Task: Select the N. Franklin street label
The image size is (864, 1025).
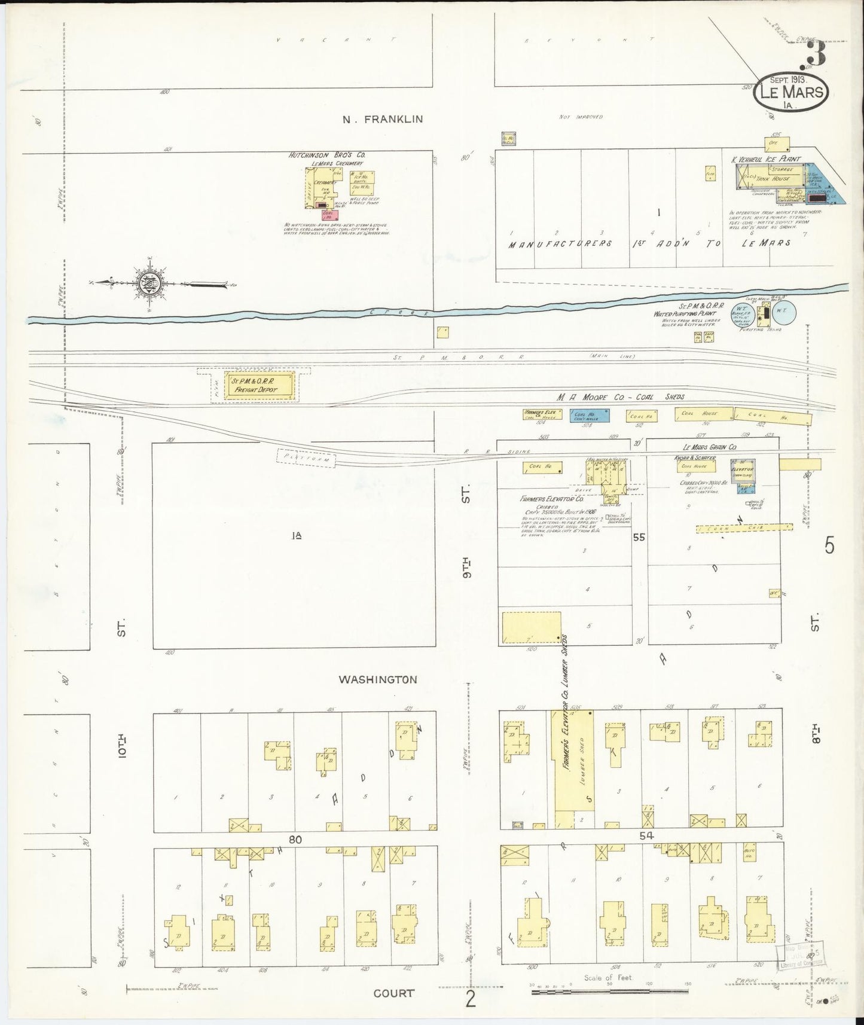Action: (383, 119)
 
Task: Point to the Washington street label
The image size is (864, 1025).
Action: (377, 679)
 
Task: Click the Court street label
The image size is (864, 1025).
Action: (393, 993)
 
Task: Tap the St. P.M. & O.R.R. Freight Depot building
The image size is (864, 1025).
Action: (259, 385)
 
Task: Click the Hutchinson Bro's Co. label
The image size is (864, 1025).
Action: (327, 154)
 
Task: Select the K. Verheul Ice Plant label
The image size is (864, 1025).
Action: (765, 160)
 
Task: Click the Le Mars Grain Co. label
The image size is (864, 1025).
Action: (710, 447)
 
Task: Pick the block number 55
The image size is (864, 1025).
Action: (639, 538)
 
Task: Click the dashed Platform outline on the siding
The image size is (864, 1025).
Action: (306, 457)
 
